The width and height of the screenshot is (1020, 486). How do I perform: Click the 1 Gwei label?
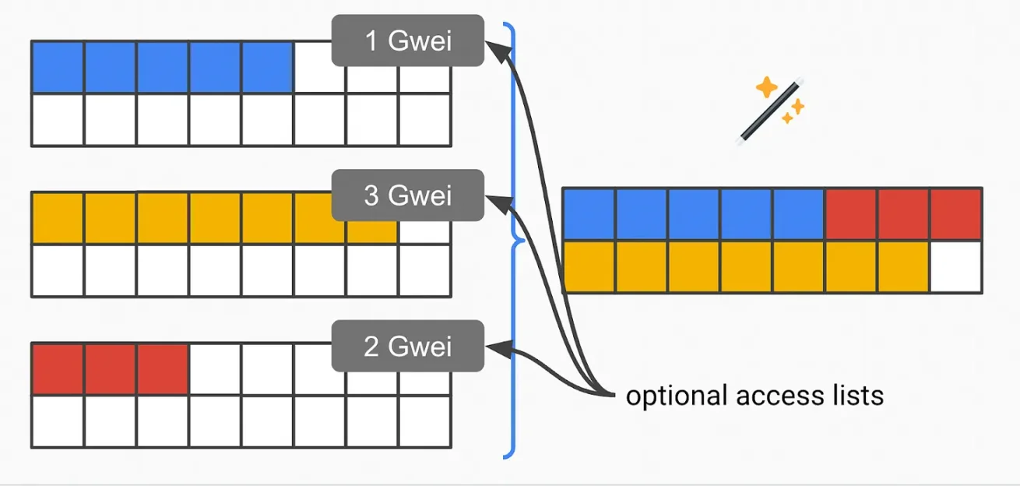(x=407, y=40)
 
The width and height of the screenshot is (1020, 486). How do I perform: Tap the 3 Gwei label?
(x=407, y=195)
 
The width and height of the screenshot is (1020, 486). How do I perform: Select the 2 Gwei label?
(x=407, y=346)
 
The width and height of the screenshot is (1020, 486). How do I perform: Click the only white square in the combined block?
(x=955, y=266)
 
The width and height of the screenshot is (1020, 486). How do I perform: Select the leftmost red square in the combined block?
(x=851, y=213)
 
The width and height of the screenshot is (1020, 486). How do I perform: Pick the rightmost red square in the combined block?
(x=955, y=213)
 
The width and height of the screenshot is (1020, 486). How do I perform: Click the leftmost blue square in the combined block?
(x=589, y=213)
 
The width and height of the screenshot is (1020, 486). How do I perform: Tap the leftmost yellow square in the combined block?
(x=589, y=266)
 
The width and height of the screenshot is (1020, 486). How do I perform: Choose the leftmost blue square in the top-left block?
(x=58, y=67)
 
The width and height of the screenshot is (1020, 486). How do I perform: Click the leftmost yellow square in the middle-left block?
(x=58, y=218)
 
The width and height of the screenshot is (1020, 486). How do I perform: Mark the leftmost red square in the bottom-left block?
(x=58, y=368)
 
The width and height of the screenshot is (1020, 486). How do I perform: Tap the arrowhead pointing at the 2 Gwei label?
(x=495, y=348)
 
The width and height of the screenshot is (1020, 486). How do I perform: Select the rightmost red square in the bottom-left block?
(x=163, y=368)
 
